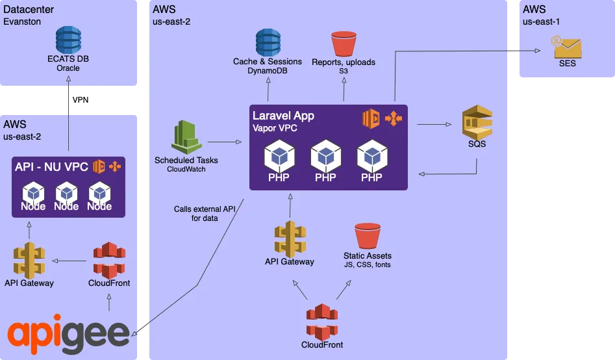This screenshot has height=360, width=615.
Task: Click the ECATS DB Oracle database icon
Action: tap(68, 39)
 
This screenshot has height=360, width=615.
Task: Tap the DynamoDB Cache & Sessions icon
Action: tap(268, 42)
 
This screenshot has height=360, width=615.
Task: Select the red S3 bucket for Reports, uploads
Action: tap(344, 44)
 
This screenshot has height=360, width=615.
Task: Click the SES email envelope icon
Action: tap(567, 47)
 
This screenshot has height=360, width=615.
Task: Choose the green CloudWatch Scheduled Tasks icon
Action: tap(186, 137)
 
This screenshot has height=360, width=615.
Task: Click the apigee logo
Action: tap(69, 333)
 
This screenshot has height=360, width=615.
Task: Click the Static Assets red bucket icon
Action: tap(368, 236)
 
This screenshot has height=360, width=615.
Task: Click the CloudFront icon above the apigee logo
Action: tap(108, 260)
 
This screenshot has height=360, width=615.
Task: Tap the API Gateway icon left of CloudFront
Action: tap(29, 260)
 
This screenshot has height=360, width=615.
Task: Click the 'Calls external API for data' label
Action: tap(205, 214)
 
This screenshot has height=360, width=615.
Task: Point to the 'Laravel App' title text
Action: tap(283, 116)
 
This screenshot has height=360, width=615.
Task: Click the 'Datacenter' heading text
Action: tap(29, 10)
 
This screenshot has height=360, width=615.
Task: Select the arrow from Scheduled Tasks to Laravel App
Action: tap(224, 141)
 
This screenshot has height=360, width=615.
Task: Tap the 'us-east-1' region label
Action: tap(541, 21)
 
